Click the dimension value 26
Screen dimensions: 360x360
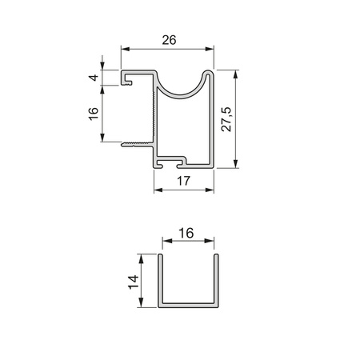click(x=169, y=40)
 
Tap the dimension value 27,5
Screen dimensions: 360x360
click(x=226, y=119)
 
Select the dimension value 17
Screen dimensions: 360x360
click(x=184, y=181)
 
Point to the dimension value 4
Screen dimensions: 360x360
click(x=94, y=78)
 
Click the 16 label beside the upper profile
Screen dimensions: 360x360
click(x=94, y=114)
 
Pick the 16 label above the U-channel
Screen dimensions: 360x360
click(x=186, y=233)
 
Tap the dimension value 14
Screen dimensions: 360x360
click(x=134, y=282)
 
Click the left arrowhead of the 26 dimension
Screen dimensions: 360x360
click(x=125, y=49)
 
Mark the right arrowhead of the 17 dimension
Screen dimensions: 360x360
click(x=210, y=190)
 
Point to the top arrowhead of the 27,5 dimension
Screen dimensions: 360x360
click(x=235, y=74)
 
